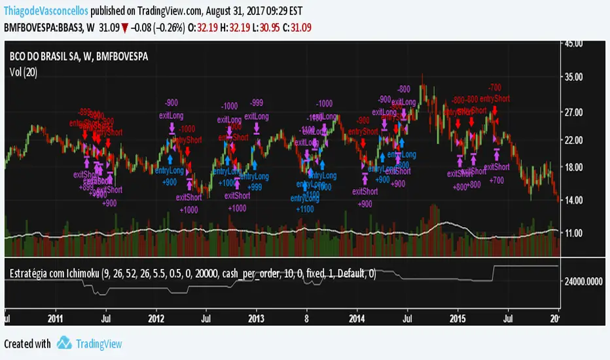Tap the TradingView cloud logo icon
pyautogui.click(x=63, y=343)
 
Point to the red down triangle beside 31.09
pyautogui.click(x=124, y=26)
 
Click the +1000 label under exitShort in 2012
pyautogui.click(x=189, y=209)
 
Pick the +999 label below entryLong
pyautogui.click(x=254, y=187)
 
